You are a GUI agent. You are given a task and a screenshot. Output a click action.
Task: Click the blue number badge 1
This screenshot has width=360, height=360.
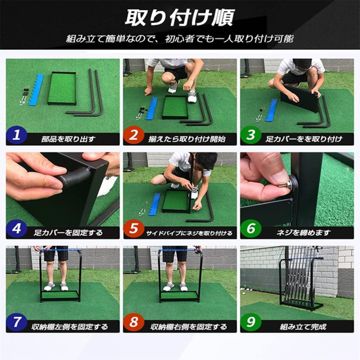17,136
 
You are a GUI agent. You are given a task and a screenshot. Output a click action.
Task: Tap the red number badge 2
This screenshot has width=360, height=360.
134,136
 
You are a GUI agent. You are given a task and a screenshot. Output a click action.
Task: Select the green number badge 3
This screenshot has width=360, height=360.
251,136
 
